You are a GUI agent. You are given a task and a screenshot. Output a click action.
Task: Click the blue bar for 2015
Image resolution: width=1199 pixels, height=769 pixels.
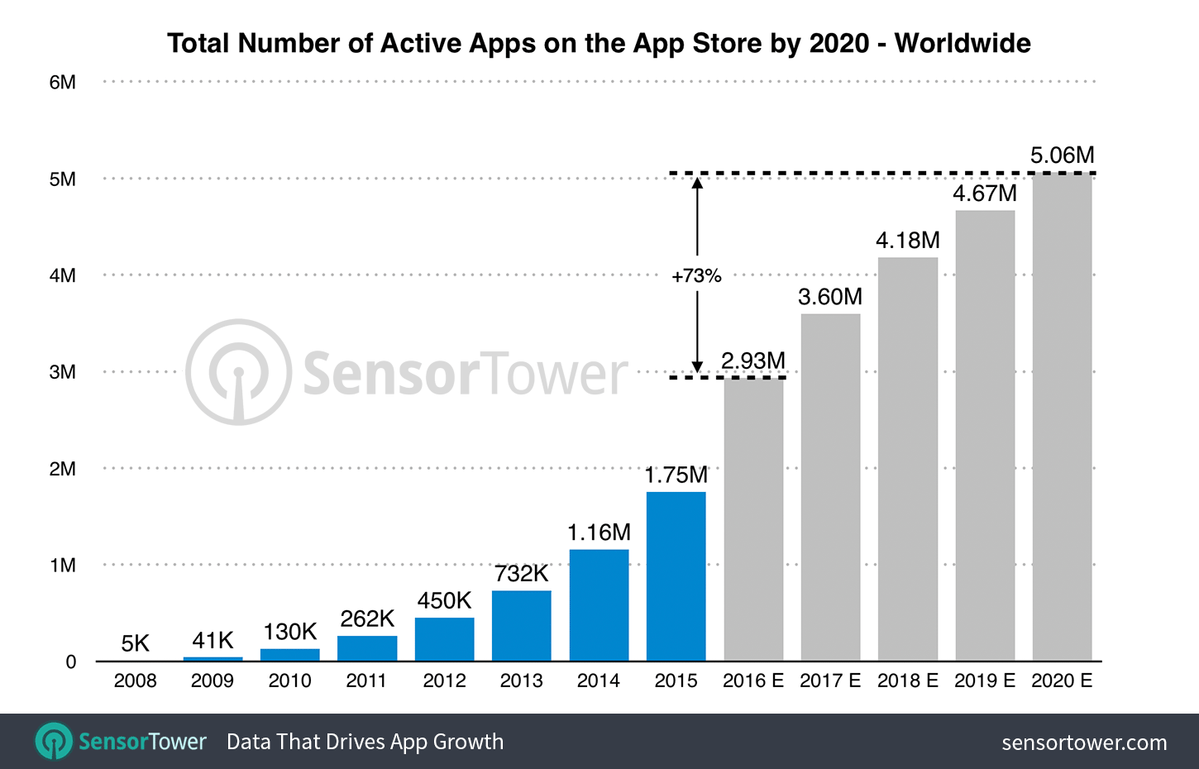pyautogui.click(x=676, y=576)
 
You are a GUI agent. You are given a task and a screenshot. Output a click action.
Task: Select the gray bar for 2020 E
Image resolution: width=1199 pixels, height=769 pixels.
pyautogui.click(x=1062, y=417)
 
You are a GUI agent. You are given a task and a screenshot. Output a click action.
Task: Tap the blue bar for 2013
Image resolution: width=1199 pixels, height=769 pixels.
pyautogui.click(x=521, y=625)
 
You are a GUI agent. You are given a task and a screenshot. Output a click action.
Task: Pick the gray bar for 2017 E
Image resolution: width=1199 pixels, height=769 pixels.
pyautogui.click(x=830, y=487)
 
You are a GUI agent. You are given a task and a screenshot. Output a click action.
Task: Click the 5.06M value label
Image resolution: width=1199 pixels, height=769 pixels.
pyautogui.click(x=1062, y=155)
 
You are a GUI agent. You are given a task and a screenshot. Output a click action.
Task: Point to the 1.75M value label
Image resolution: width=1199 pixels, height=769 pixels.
pyautogui.click(x=676, y=475)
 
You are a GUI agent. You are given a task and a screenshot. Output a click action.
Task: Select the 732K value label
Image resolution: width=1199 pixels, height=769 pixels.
pyautogui.click(x=521, y=574)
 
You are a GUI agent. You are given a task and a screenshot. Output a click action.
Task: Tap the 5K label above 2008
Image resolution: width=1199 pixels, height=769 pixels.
pyautogui.click(x=135, y=643)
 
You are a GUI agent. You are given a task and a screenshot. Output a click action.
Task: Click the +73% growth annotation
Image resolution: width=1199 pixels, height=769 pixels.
pyautogui.click(x=696, y=276)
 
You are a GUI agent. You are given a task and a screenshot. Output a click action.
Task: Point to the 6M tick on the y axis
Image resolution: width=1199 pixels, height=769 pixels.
pyautogui.click(x=62, y=83)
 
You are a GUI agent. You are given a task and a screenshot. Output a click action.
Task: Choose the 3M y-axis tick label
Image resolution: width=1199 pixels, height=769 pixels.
pyautogui.click(x=62, y=372)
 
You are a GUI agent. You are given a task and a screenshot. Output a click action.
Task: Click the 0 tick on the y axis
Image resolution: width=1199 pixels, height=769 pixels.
pyautogui.click(x=71, y=662)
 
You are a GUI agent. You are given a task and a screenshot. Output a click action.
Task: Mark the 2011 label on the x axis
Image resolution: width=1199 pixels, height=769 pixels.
pyautogui.click(x=366, y=681)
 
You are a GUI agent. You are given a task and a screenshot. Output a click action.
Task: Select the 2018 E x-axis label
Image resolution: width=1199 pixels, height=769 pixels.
pyautogui.click(x=907, y=681)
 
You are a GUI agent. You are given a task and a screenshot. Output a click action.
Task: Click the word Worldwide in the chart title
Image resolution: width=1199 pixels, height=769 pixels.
pyautogui.click(x=963, y=43)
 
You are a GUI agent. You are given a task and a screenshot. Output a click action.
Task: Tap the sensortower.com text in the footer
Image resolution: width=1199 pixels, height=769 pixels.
pyautogui.click(x=1084, y=743)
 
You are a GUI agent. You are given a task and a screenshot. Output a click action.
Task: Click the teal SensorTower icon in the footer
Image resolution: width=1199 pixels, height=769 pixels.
pyautogui.click(x=54, y=742)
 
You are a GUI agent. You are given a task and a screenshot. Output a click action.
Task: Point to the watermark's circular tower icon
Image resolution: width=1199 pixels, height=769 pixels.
pyautogui.click(x=238, y=372)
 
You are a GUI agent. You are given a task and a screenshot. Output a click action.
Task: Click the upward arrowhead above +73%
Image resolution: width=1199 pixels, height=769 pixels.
pyautogui.click(x=697, y=183)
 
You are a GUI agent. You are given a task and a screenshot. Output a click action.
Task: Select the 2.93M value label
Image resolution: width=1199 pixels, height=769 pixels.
pyautogui.click(x=752, y=361)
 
